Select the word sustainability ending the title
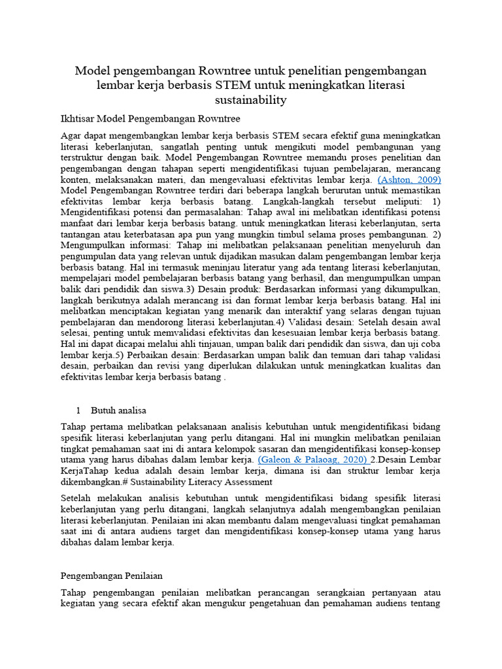coord(251,100)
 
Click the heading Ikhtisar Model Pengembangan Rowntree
coord(150,119)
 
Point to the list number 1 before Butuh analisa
coord(78,410)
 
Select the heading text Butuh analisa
coord(118,410)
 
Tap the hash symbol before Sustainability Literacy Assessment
coord(146,481)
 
